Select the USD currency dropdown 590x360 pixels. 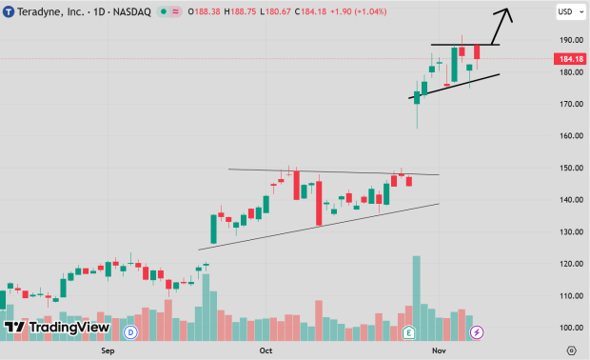click(567, 12)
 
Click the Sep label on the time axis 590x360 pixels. click(108, 350)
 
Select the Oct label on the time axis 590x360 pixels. click(266, 350)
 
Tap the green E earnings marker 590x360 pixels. click(409, 331)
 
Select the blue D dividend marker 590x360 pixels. click(130, 331)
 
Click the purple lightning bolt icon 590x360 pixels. click(477, 331)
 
